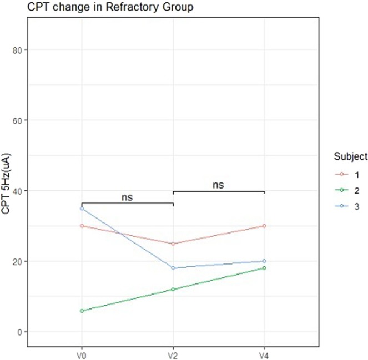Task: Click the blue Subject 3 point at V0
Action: point(82,209)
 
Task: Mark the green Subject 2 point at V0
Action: point(82,311)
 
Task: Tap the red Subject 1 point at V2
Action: point(173,244)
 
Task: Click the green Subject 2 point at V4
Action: point(264,268)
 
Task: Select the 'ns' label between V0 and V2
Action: point(127,196)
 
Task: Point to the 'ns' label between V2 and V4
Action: point(218,185)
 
